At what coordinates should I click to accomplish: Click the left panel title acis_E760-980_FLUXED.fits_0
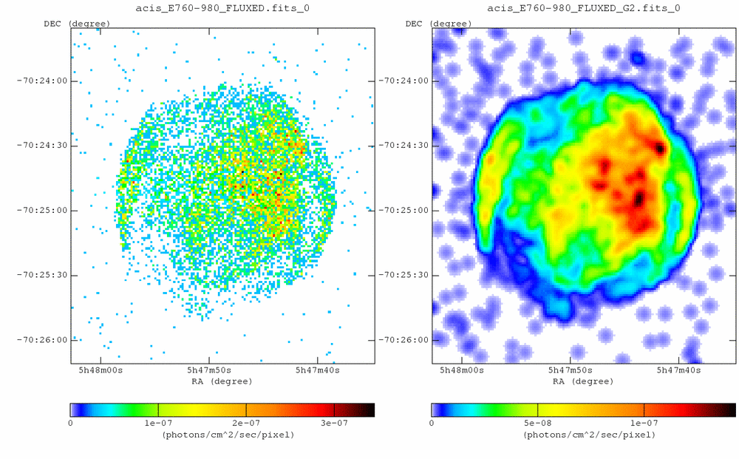point(222,8)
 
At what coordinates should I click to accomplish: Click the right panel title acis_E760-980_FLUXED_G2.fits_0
point(583,8)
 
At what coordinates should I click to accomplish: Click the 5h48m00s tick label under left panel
point(101,370)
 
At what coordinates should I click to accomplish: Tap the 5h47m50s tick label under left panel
point(210,370)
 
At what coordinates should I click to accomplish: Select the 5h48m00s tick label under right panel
point(462,370)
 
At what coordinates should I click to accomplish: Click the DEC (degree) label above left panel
point(77,24)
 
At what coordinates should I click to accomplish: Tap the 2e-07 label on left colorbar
point(246,423)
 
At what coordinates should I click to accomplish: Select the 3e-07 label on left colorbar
point(334,423)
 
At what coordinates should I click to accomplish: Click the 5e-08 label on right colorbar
point(537,423)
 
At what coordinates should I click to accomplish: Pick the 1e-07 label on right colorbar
point(644,423)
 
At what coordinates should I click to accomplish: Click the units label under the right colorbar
point(583,435)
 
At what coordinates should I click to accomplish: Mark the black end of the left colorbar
point(369,409)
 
